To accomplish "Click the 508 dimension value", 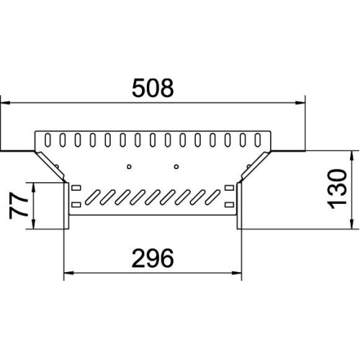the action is (x=153, y=88).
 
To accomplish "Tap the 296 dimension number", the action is (x=153, y=258).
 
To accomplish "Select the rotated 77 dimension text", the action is (x=18, y=206).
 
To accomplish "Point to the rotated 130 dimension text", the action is (x=337, y=189).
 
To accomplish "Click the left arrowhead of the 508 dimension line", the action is (x=5, y=103).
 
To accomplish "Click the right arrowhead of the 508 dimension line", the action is (x=300, y=103).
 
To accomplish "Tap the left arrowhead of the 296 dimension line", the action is (x=68, y=273).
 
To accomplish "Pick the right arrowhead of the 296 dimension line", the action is (x=237, y=273).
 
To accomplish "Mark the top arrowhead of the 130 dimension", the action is (x=351, y=156).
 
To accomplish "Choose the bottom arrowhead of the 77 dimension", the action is (x=34, y=225).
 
